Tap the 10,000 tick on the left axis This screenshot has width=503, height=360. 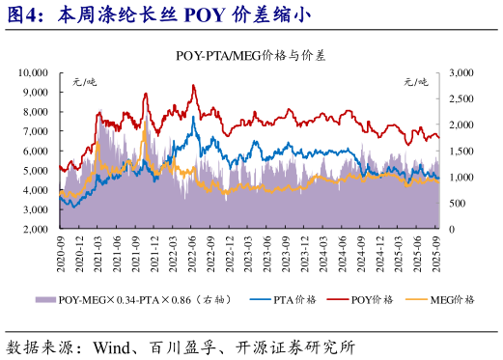33,72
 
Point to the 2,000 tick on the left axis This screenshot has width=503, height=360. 36,230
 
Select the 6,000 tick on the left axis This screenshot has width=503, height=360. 36,152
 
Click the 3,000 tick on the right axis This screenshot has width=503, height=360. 462,72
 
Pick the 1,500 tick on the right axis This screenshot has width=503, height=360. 462,152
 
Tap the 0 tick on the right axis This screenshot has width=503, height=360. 454,230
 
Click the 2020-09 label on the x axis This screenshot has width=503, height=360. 61,253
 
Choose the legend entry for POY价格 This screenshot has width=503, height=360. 371,299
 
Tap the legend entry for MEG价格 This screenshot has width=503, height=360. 451,299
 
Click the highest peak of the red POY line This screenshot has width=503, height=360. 194,86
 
